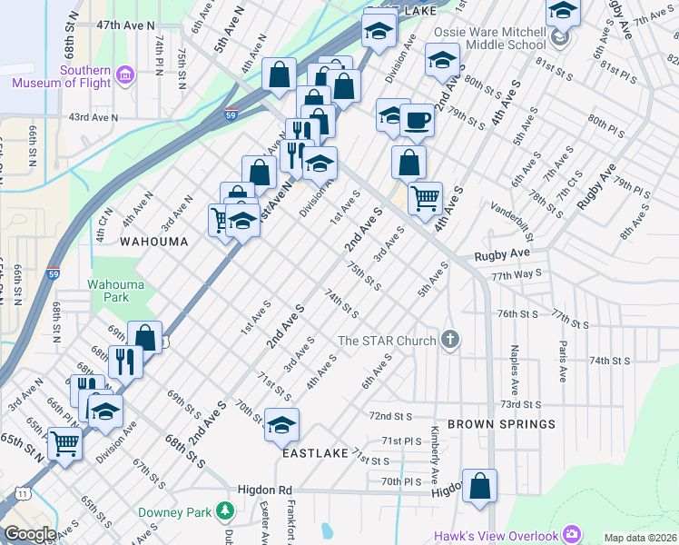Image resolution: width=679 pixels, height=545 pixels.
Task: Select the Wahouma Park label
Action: coord(115,291)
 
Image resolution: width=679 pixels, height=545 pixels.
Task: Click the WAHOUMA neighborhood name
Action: coord(153,243)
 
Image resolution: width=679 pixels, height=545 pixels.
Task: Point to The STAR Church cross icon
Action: coord(448,341)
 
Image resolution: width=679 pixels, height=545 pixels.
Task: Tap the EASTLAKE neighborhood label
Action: coord(315,452)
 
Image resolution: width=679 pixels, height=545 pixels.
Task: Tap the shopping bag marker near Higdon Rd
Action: coord(479,486)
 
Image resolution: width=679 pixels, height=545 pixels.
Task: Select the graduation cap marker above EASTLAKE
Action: coord(281,425)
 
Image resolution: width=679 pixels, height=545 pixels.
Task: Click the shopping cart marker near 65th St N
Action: coord(64,444)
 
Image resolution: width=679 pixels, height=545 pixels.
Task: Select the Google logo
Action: coord(29,535)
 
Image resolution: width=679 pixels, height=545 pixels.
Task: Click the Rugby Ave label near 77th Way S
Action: coord(502,255)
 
